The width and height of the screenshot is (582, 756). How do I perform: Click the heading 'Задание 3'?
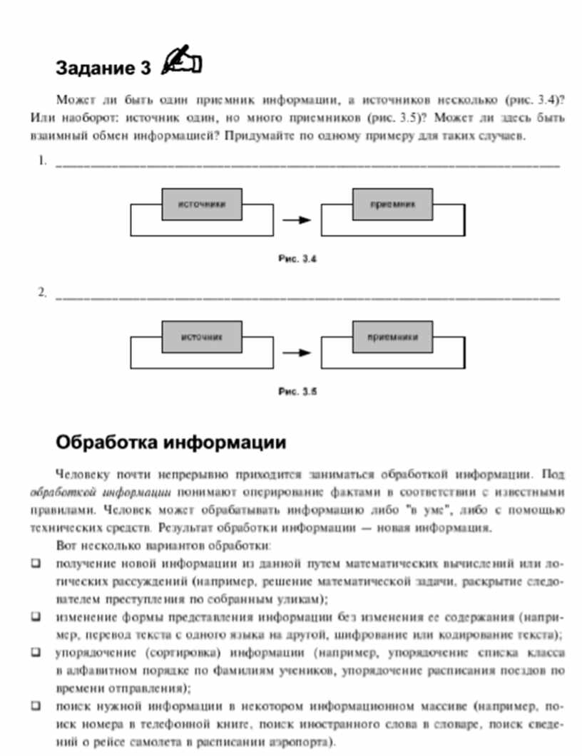[x=103, y=68]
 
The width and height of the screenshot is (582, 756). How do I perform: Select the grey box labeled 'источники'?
[x=202, y=204]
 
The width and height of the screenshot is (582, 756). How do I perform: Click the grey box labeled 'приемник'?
[x=392, y=204]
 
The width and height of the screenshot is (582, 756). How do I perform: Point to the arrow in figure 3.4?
[x=297, y=219]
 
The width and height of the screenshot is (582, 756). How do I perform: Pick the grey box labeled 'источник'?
[x=202, y=336]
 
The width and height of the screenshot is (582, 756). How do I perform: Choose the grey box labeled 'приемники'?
[x=392, y=336]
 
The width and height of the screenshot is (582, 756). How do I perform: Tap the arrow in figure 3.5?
[x=297, y=352]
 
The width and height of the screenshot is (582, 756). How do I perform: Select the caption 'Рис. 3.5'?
[x=297, y=391]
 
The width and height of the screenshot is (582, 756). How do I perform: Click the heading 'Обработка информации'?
[x=171, y=442]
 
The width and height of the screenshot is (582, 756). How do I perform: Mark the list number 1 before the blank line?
[x=43, y=162]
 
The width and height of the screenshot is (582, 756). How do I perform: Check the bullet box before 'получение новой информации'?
[x=36, y=564]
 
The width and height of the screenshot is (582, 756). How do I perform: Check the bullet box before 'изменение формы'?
[x=36, y=616]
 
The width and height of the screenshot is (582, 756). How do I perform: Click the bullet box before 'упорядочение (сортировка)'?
[x=36, y=652]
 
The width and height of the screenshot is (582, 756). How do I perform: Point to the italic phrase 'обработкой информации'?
[x=100, y=492]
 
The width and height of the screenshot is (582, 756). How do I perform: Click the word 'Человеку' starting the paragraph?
[x=78, y=474]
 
